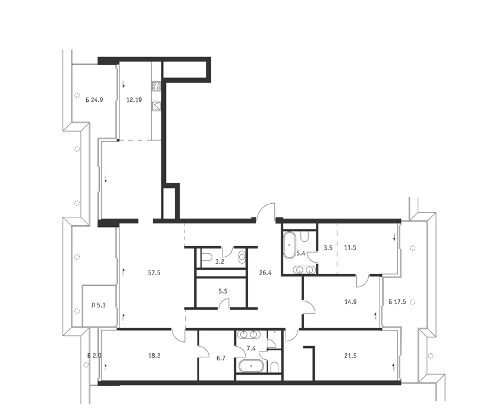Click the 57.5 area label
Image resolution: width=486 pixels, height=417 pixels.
coord(154,273)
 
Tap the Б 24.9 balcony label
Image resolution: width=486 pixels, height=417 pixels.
coord(94,100)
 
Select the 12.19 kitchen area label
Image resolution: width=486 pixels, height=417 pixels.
coord(134,100)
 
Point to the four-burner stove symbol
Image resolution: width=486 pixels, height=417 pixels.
coord(156,86)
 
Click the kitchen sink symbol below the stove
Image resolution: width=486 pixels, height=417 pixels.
coord(156,105)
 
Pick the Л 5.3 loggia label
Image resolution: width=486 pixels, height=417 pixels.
coord(98,305)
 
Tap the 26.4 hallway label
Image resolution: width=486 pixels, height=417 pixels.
coord(265,273)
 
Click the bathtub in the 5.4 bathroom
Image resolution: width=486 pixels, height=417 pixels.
coord(290,245)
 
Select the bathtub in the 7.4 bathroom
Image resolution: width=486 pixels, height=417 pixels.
coord(251,366)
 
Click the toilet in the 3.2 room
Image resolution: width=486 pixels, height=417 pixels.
coord(206,257)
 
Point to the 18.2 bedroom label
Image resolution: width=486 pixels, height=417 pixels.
coord(154,356)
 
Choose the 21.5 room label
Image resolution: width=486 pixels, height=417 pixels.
coord(350,356)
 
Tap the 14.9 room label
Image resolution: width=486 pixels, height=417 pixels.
coord(350,301)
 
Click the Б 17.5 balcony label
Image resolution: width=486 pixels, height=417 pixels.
coord(397,301)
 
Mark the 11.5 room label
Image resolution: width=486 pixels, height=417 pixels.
coord(350,247)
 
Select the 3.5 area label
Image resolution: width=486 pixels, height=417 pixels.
coord(328,247)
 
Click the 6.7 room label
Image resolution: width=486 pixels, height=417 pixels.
coord(221,358)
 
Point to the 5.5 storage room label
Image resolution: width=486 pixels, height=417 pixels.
coord(223,291)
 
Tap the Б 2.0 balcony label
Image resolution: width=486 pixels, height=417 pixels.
coord(94,356)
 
